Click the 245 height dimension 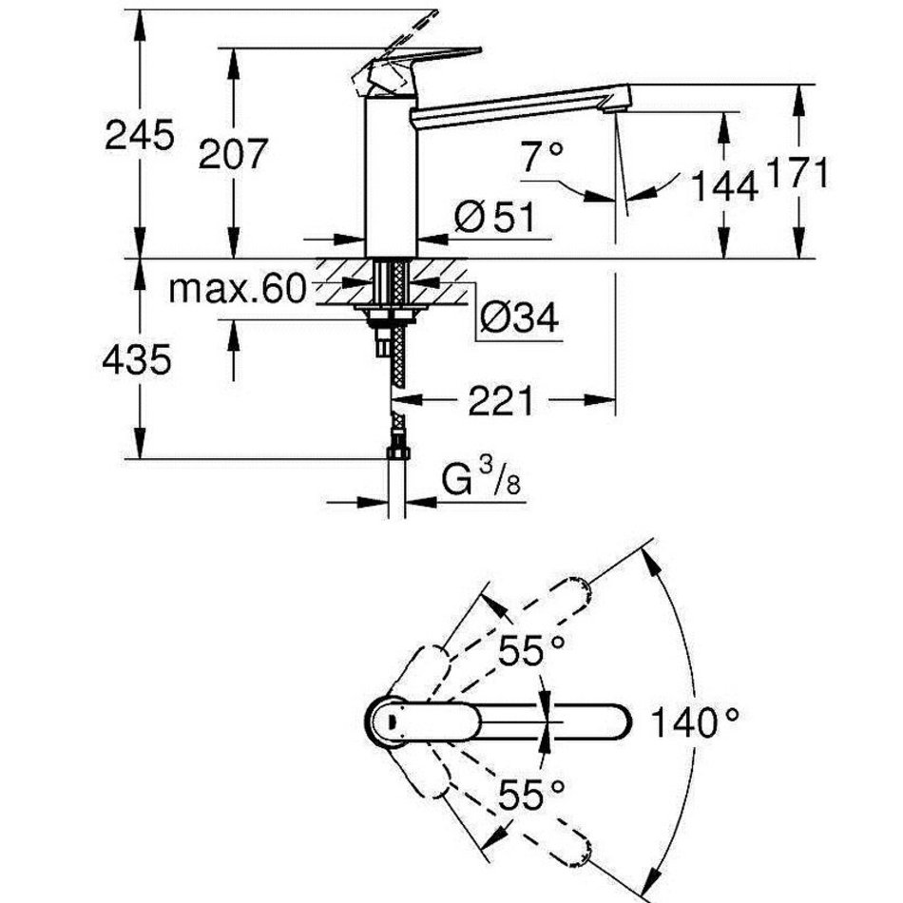point(140,135)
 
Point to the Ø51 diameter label point(494,219)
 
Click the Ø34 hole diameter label point(519,317)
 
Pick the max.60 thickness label point(239,288)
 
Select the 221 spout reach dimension point(500,401)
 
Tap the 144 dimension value point(723,185)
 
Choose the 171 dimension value point(798,173)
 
